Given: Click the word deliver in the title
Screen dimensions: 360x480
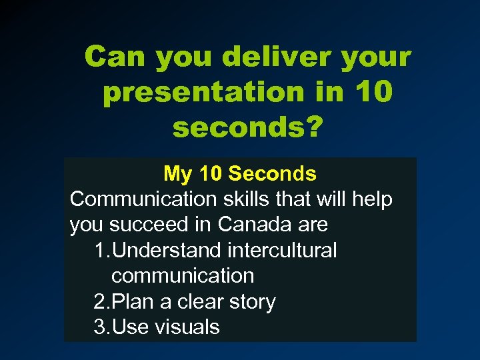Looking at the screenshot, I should point(277,57).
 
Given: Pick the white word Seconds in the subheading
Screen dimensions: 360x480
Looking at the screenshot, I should point(272,174).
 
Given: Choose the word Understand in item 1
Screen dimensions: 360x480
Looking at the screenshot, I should point(167,251).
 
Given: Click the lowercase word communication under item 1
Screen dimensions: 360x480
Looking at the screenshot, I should point(183,276).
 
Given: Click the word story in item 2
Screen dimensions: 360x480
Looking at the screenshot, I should point(251,301).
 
